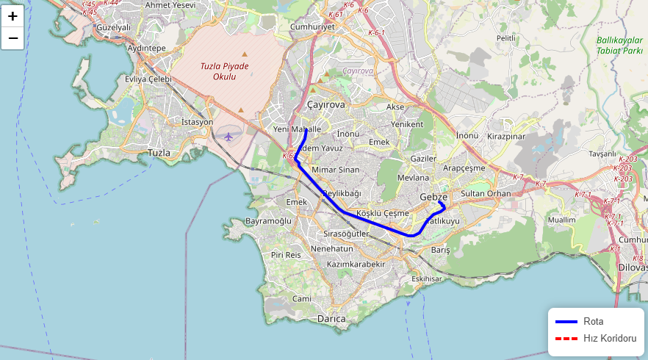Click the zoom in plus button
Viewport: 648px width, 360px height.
pyautogui.click(x=12, y=16)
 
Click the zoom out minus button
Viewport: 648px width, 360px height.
pyautogui.click(x=12, y=37)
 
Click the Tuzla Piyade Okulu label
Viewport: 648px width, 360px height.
pyautogui.click(x=225, y=71)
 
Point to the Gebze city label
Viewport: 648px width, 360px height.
pyautogui.click(x=433, y=197)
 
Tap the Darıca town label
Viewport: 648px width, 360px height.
pyautogui.click(x=331, y=319)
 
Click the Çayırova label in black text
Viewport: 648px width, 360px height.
pyautogui.click(x=325, y=105)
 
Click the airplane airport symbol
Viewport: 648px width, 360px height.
pyautogui.click(x=228, y=136)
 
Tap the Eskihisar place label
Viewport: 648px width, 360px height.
pyautogui.click(x=426, y=279)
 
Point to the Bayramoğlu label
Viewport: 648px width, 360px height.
pyautogui.click(x=268, y=220)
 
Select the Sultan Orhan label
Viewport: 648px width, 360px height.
pyautogui.click(x=485, y=194)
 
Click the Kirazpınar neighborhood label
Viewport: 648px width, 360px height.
pyautogui.click(x=506, y=137)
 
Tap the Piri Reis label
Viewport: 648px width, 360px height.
pyautogui.click(x=287, y=254)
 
